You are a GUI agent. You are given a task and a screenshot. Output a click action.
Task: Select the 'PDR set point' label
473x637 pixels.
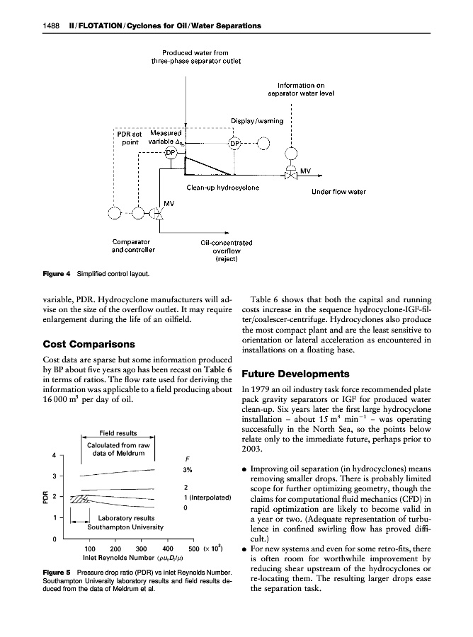129,137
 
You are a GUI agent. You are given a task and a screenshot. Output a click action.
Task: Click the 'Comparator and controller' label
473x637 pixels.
134,246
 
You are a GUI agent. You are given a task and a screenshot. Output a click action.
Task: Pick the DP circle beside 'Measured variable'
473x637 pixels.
172,155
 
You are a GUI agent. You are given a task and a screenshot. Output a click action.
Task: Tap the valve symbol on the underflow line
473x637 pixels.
290,174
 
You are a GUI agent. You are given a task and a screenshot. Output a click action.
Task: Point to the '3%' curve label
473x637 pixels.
188,470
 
